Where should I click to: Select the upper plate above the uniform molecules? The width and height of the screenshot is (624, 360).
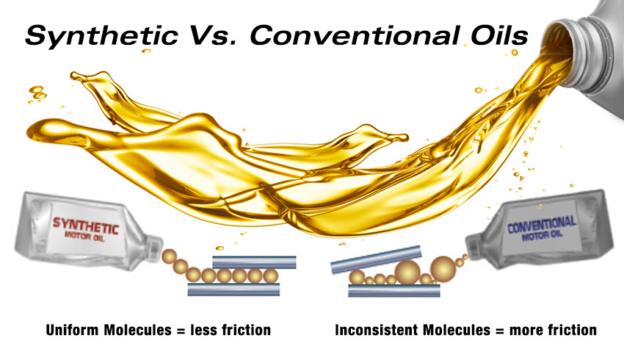[x=254, y=262]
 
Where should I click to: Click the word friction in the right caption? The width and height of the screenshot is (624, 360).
[x=573, y=330]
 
